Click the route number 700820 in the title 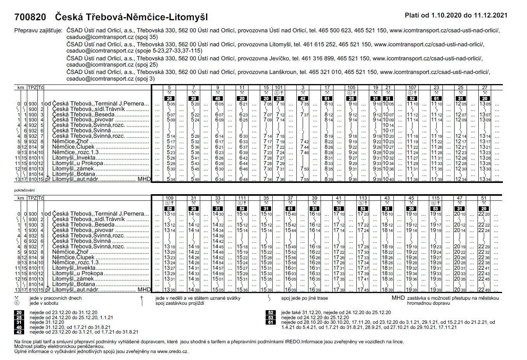click(30, 17)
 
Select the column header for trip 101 click(278, 88)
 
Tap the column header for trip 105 click(351, 88)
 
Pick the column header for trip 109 click(169, 198)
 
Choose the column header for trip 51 click(484, 198)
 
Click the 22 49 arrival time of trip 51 click(484, 290)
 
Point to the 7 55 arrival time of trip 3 click(304, 179)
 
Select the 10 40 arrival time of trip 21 click(388, 179)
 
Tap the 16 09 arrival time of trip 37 click(290, 290)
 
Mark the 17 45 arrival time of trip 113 click(363, 290)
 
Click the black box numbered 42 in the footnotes click(19, 332)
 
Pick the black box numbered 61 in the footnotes click(270, 322)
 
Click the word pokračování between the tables click(25, 190)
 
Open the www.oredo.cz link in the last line click(172, 351)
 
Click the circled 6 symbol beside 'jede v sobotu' click(17, 303)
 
